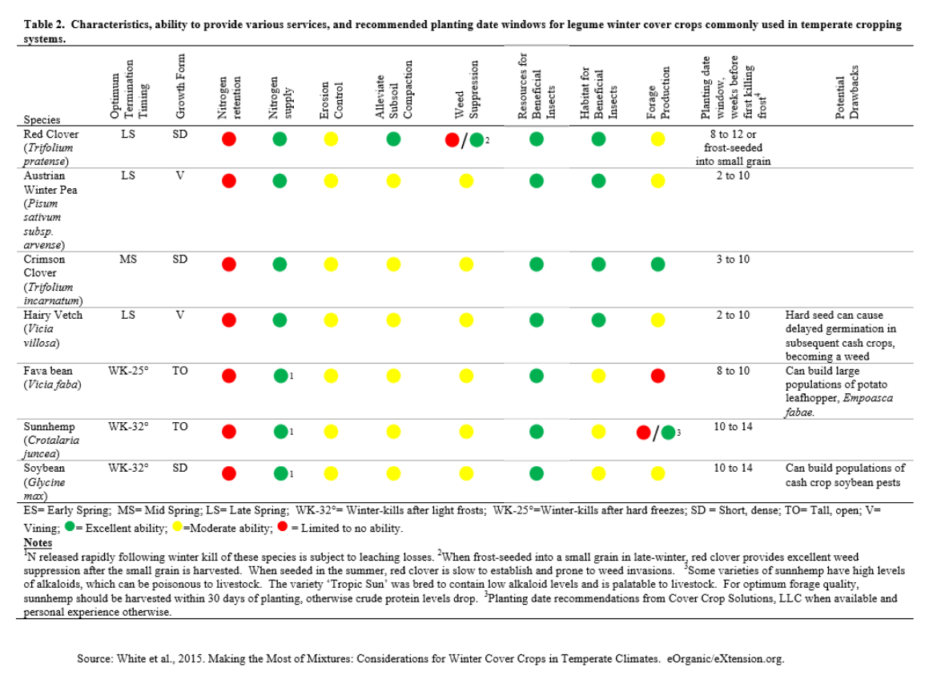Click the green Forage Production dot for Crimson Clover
click(658, 264)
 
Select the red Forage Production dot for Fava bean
click(658, 376)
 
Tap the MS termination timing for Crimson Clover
click(128, 259)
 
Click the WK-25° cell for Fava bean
click(128, 371)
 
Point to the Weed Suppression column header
click(467, 90)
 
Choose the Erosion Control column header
click(331, 100)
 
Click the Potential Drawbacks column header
click(847, 92)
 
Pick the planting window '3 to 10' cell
click(733, 259)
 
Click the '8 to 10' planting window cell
click(733, 371)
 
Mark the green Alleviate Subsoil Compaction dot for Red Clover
click(393, 139)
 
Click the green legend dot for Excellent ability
click(70, 527)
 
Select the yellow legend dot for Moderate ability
click(178, 527)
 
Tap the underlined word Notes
click(38, 542)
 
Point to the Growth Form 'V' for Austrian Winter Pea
click(180, 175)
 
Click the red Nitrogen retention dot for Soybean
click(229, 473)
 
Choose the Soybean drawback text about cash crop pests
click(845, 475)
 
